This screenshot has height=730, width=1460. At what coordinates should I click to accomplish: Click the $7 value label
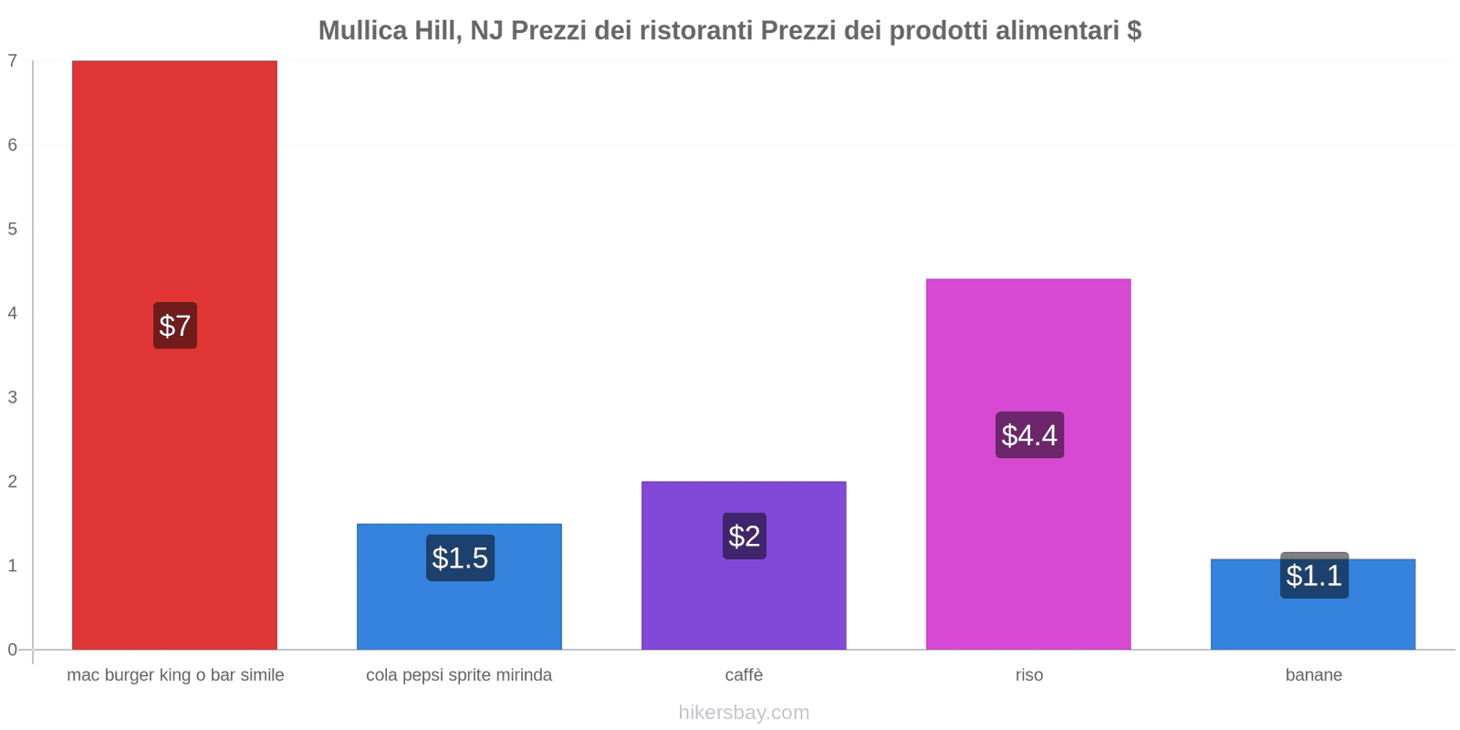point(174,326)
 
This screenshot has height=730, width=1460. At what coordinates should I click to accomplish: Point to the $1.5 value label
point(460,558)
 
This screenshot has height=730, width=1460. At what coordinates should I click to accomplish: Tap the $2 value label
point(744,536)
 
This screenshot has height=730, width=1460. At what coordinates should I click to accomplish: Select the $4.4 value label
point(1029,435)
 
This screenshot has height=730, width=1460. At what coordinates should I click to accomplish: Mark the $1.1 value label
point(1314,576)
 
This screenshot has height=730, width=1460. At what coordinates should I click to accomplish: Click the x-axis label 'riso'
point(1028,675)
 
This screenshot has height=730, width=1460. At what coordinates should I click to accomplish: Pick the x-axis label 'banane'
point(1313,675)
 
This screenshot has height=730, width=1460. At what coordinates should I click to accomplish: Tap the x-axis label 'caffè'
point(744,675)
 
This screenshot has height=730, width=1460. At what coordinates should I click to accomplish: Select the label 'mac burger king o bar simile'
point(175,675)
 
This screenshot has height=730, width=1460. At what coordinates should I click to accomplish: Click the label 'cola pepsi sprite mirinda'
point(459,675)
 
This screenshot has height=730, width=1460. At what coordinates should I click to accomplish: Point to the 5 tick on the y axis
point(13,229)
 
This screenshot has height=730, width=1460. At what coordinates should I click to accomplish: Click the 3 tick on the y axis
point(13,397)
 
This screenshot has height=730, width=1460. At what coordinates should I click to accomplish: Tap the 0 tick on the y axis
point(13,650)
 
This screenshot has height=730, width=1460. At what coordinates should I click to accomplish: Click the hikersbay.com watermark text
point(744,713)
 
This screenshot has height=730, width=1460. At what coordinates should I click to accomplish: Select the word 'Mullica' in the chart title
point(362,31)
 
